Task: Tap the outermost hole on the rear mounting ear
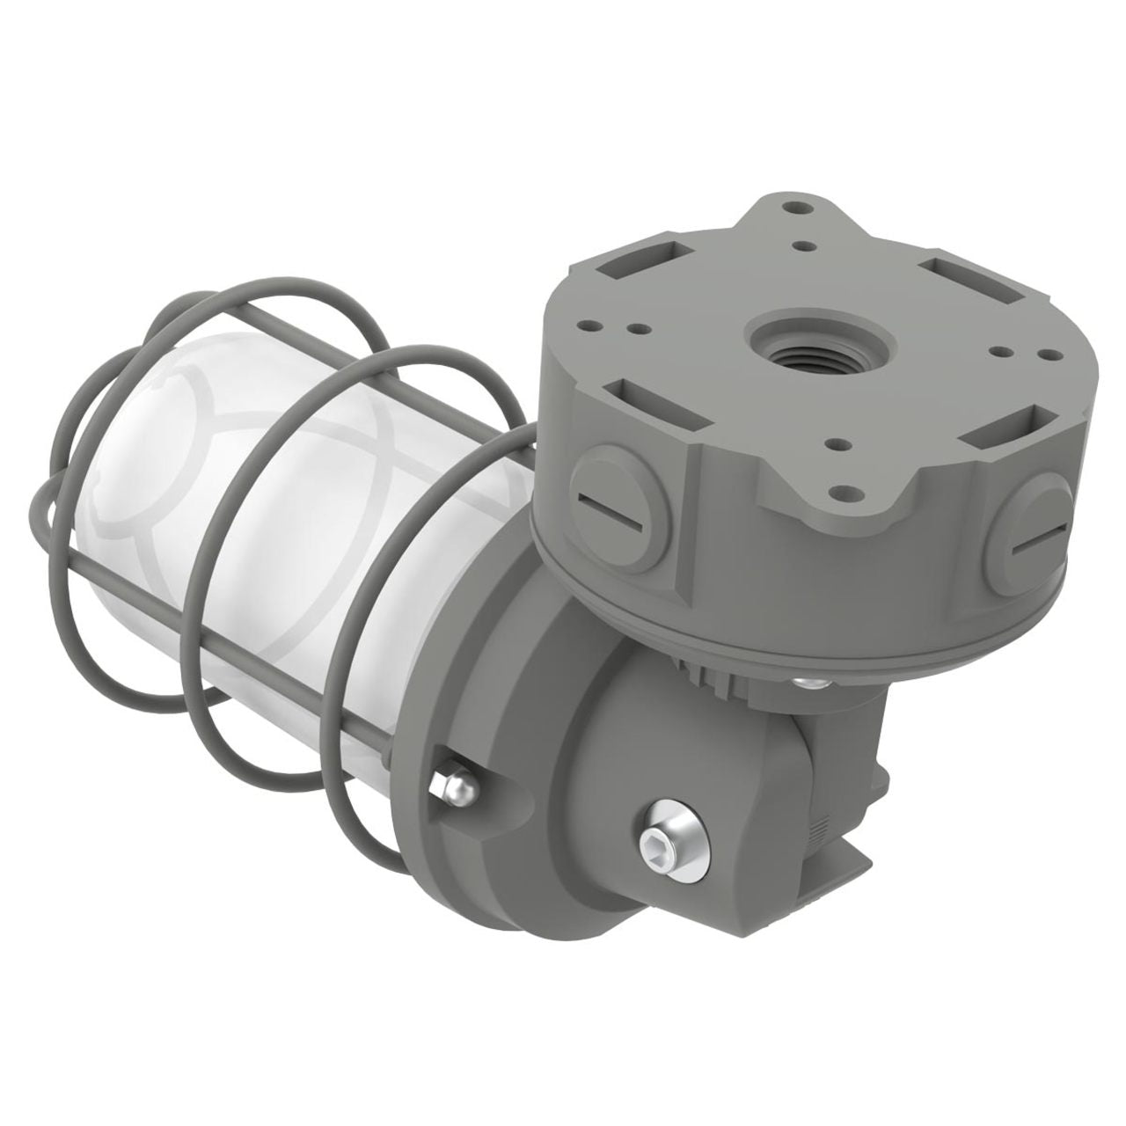point(797,209)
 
